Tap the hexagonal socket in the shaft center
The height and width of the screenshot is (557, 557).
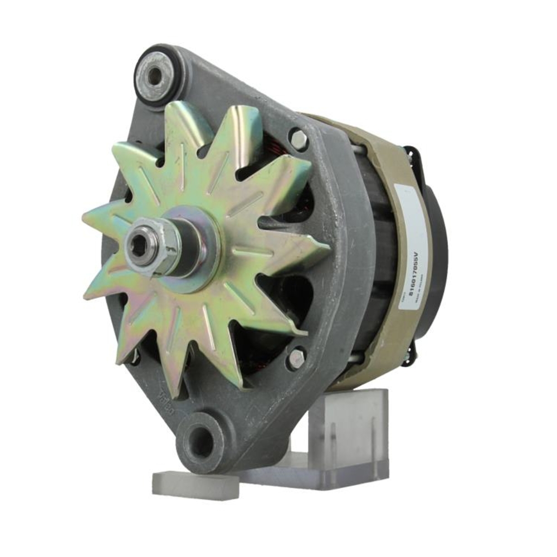[x=138, y=246]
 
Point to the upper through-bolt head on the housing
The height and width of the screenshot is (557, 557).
[x=299, y=139]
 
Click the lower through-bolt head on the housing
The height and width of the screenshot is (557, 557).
[x=296, y=358]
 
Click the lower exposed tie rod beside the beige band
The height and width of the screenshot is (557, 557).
[x=356, y=362]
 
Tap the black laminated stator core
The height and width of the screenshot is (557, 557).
[x=379, y=251]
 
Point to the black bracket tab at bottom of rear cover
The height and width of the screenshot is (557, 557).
[x=409, y=356]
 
